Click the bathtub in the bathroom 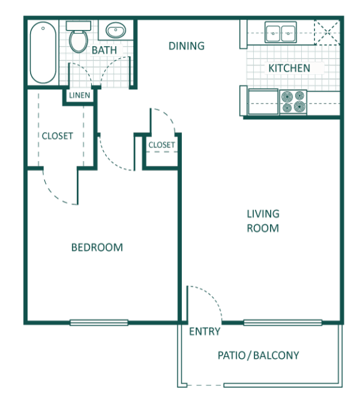43,52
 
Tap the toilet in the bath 78,37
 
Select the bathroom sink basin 116,30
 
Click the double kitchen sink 281,32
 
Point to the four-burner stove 293,102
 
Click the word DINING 186,46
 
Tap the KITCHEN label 289,69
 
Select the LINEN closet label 79,96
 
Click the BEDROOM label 97,247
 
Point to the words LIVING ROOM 263,221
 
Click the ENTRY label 204,331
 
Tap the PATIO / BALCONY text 258,356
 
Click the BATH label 104,50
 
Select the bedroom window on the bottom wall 99,323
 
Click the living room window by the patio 282,323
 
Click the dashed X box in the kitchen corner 327,32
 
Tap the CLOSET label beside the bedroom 57,136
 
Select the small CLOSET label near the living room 162,145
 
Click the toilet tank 78,26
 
